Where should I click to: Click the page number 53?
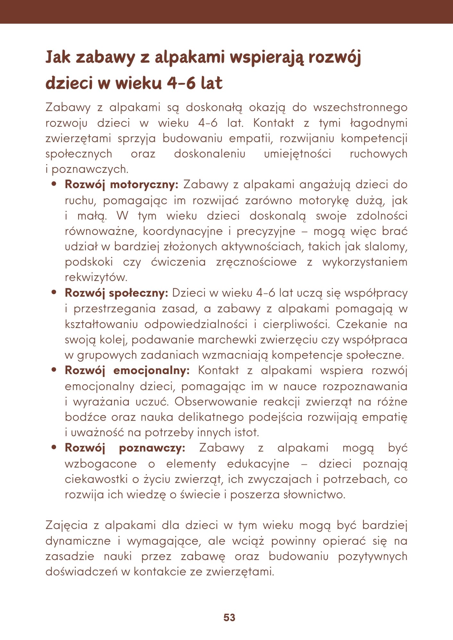tap(229, 618)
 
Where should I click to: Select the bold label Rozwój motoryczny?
tap(121, 185)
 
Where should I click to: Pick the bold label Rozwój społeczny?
tap(116, 293)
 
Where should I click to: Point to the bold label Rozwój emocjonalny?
tap(127, 371)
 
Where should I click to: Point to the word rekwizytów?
tap(96, 277)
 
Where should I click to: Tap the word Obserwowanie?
tap(216, 402)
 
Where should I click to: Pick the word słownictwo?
tap(314, 495)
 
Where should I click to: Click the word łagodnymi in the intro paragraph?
tap(379, 123)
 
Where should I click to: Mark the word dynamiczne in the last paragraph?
tap(78, 541)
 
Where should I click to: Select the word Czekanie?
tap(361, 324)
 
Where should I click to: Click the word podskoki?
tap(89, 262)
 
